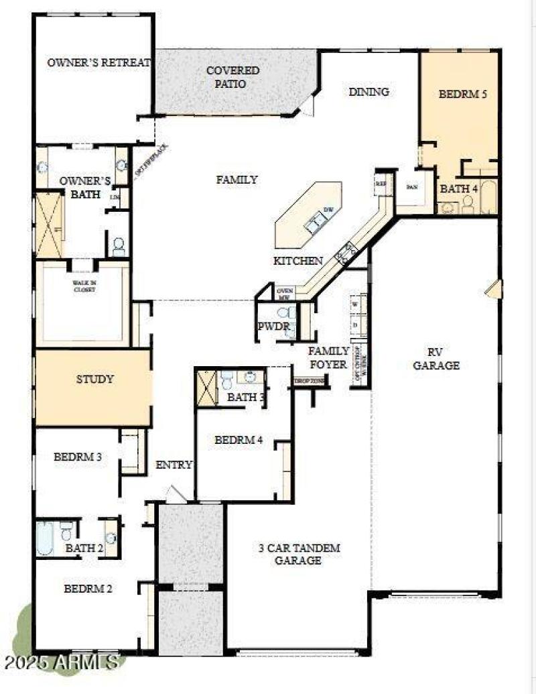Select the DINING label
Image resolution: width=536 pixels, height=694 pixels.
(368, 92)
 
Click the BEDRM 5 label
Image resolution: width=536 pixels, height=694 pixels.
(462, 94)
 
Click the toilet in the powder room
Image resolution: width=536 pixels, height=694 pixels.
(284, 312)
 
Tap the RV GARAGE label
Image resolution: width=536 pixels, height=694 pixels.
(436, 359)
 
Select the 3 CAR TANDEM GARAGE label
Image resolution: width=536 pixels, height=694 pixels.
(299, 554)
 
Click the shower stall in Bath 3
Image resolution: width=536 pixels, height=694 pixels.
(206, 388)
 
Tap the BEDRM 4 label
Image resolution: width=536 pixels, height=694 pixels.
(239, 441)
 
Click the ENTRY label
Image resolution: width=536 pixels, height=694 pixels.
(174, 465)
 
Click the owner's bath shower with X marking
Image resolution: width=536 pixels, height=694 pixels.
(49, 225)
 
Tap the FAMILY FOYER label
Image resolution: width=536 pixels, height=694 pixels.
(328, 357)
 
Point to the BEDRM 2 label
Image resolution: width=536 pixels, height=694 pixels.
(88, 589)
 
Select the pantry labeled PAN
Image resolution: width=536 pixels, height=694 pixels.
(413, 187)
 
